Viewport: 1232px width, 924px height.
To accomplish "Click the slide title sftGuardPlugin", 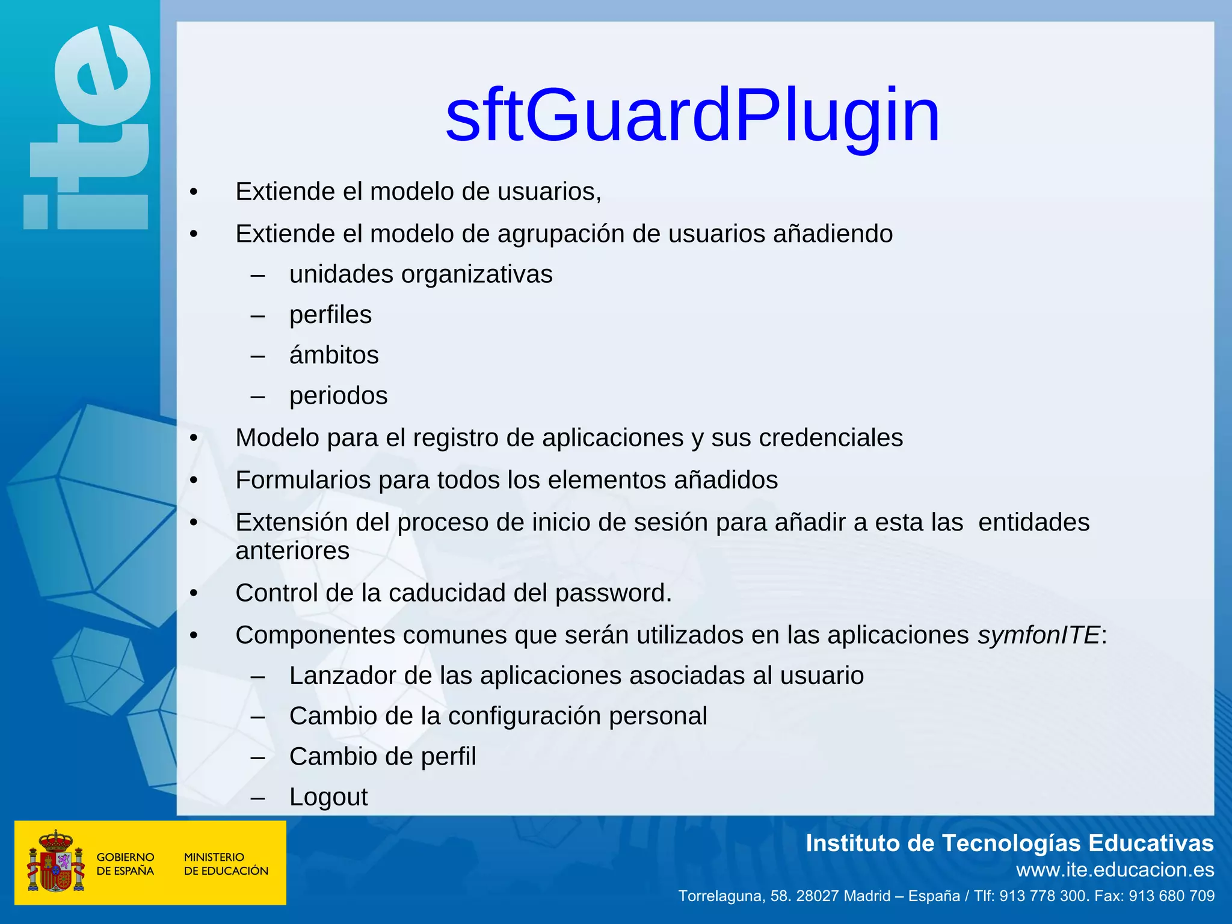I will pos(692,115).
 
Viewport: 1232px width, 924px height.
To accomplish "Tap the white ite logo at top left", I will pos(88,129).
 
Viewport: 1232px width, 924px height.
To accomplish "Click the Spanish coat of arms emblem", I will pos(56,861).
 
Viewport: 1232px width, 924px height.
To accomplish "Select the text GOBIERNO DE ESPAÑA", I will pos(125,864).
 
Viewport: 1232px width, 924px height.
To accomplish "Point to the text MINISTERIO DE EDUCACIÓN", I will pos(226,864).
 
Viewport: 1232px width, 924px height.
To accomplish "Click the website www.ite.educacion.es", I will pos(1115,870).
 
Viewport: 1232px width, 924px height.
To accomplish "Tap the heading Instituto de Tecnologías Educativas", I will pos(1009,843).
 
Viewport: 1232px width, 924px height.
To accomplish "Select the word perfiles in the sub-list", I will pos(330,315).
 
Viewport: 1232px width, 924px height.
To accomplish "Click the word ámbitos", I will pos(334,356).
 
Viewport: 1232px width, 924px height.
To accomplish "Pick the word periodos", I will pos(338,396).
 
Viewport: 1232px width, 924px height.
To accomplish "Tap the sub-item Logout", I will pos(328,797).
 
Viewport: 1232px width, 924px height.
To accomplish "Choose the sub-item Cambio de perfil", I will pos(383,757).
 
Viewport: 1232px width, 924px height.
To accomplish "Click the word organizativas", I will pos(476,275).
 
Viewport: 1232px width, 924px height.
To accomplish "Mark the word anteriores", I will pos(292,551).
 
